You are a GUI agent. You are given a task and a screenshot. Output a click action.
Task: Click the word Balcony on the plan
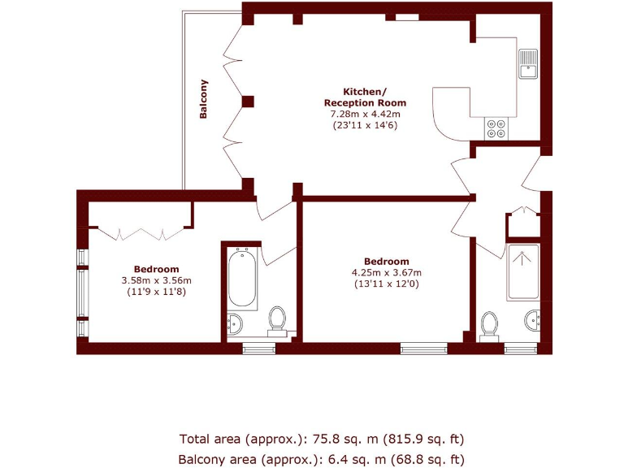204,99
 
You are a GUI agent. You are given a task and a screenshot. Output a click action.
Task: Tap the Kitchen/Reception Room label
365,97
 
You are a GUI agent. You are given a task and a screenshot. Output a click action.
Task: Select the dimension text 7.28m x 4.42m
365,115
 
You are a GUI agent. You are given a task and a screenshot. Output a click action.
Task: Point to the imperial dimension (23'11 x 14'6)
365,126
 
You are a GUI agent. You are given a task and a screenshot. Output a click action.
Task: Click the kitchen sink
528,63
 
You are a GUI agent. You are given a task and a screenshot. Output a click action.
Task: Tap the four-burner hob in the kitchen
496,128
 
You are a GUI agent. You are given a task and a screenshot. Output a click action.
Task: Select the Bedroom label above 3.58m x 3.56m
156,269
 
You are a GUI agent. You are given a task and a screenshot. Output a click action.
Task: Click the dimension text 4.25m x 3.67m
387,273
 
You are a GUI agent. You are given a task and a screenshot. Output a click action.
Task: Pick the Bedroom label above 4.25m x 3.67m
387,262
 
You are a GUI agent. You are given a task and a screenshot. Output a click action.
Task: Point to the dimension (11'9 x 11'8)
156,292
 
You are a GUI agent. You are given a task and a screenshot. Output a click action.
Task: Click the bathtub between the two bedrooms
241,278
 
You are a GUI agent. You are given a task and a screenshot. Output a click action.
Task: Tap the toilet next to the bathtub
277,319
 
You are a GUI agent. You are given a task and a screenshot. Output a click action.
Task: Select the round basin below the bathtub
235,323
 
